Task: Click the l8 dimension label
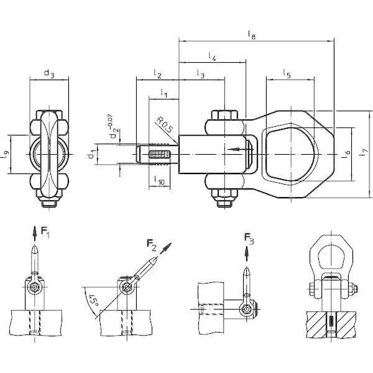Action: coord(252,35)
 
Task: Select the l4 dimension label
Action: coord(212,57)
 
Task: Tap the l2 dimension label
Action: coord(157,74)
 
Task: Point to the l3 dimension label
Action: coord(201,74)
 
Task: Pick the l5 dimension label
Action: coord(287,74)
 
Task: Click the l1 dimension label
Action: coord(164,93)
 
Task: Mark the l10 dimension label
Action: coord(159,180)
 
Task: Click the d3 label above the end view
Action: coord(49,73)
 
